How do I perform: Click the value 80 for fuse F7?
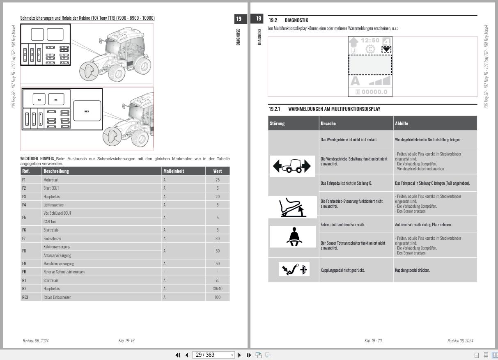pos(218,238)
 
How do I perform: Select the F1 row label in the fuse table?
pos(24,180)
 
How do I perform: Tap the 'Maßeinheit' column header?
pos(174,171)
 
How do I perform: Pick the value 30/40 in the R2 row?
pos(218,289)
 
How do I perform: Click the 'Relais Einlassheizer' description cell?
pos(57,297)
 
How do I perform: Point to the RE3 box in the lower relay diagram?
pos(87,111)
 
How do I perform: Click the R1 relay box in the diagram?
pos(56,99)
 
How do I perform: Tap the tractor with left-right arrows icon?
pos(292,166)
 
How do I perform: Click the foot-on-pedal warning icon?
pos(293,207)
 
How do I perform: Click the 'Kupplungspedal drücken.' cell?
pos(412,270)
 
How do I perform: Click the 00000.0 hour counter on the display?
pos(371,92)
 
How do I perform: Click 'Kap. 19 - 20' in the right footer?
pos(373,341)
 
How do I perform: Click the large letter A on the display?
pos(355,80)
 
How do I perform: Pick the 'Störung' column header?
pos(277,123)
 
